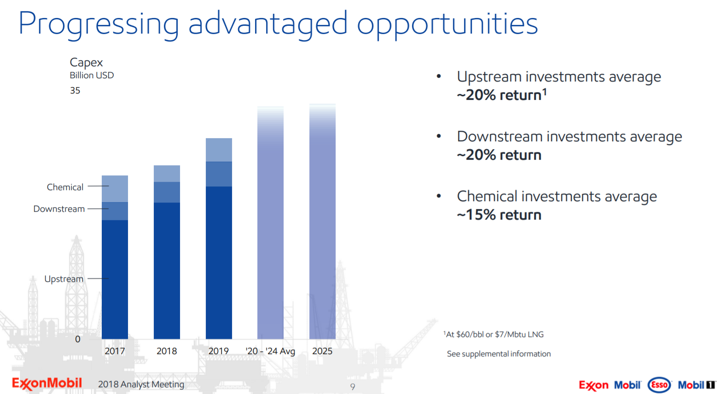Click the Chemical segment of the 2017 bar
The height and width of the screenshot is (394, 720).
(115, 189)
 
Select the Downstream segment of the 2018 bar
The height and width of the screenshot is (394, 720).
(167, 192)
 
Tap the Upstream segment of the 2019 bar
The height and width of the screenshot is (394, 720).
(219, 262)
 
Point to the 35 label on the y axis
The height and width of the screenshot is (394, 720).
(75, 91)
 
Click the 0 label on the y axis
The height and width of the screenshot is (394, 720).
(78, 339)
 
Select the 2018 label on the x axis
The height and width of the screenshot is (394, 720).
(167, 351)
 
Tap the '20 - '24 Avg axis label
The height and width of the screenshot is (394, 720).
(270, 351)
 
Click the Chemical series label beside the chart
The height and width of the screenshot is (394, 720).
(65, 187)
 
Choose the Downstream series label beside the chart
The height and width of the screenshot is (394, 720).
(59, 209)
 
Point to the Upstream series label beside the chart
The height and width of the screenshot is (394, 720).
(64, 279)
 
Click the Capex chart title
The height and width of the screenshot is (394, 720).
(86, 63)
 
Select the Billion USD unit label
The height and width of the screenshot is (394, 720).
(92, 75)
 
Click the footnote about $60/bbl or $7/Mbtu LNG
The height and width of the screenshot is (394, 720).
(494, 335)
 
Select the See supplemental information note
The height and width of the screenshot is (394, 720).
(499, 354)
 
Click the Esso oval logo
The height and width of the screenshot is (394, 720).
(659, 385)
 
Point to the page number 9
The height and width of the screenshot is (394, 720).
(353, 387)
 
